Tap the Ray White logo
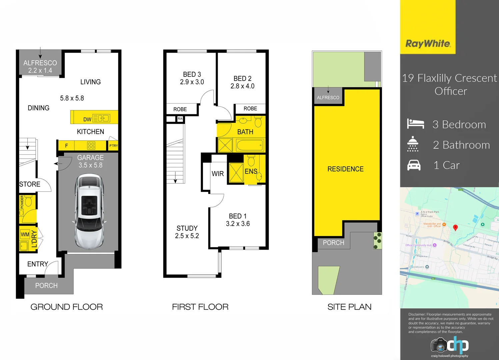(428, 44)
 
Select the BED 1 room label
(238, 216)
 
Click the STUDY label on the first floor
(187, 228)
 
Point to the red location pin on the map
(455, 227)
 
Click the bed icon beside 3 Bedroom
(415, 124)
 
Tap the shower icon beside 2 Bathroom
(413, 144)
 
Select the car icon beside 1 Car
(414, 165)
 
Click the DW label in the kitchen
(87, 119)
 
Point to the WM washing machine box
(25, 234)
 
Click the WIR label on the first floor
(218, 174)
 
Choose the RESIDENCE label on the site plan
(345, 169)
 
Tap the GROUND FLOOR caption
(67, 307)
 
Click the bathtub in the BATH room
(250, 145)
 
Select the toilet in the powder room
(28, 201)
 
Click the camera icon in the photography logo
(439, 345)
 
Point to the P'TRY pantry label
(113, 146)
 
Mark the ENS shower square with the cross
(236, 172)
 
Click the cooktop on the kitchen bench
(91, 146)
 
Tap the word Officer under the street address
(451, 91)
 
